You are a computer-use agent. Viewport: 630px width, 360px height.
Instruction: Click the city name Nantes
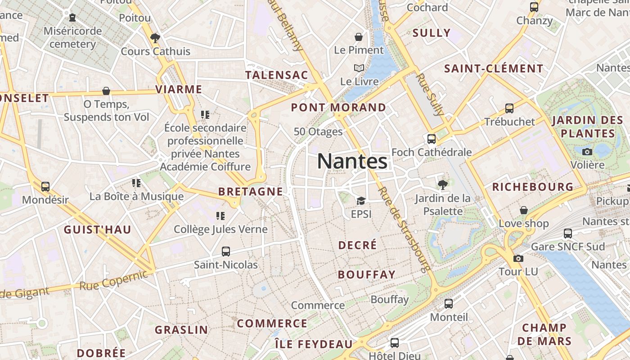(x=352, y=161)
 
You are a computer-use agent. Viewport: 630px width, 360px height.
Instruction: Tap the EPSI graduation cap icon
(x=361, y=201)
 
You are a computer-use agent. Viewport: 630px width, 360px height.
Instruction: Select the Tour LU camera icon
(x=518, y=258)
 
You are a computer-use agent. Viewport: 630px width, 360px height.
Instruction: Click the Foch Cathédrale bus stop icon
(x=432, y=139)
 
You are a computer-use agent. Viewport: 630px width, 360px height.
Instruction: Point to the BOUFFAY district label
(x=367, y=274)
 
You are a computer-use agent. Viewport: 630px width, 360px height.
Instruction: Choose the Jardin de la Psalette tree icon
(x=443, y=184)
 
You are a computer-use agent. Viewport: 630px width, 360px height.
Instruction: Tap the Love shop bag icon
(x=524, y=210)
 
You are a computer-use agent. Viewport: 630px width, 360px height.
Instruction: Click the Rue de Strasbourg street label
(x=403, y=229)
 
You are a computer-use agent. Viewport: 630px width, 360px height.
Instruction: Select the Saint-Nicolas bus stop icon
(x=226, y=252)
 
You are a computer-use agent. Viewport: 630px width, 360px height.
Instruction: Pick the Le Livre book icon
(x=359, y=68)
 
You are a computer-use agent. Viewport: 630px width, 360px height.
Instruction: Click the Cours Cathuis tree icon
(x=155, y=38)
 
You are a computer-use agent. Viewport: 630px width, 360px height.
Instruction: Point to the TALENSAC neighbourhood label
(x=277, y=75)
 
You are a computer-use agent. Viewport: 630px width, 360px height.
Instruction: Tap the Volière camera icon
(x=587, y=152)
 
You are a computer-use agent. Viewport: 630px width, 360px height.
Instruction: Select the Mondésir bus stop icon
(x=45, y=186)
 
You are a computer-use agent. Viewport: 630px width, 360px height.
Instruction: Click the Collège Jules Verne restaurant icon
(x=220, y=216)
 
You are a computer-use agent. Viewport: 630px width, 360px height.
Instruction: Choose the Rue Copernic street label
(x=113, y=281)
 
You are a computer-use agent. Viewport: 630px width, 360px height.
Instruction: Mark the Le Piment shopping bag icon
(x=359, y=37)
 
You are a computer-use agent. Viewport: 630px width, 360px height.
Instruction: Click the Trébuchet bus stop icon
(x=509, y=108)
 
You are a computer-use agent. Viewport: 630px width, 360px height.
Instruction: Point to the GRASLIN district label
(x=182, y=330)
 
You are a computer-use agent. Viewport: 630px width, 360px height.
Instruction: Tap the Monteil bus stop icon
(x=449, y=304)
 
